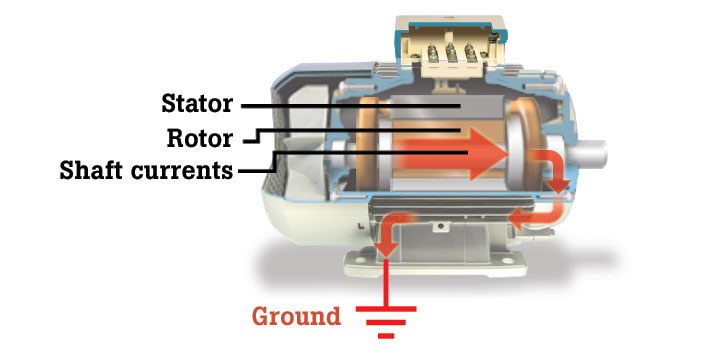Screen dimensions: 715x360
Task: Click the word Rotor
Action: coord(200,137)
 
